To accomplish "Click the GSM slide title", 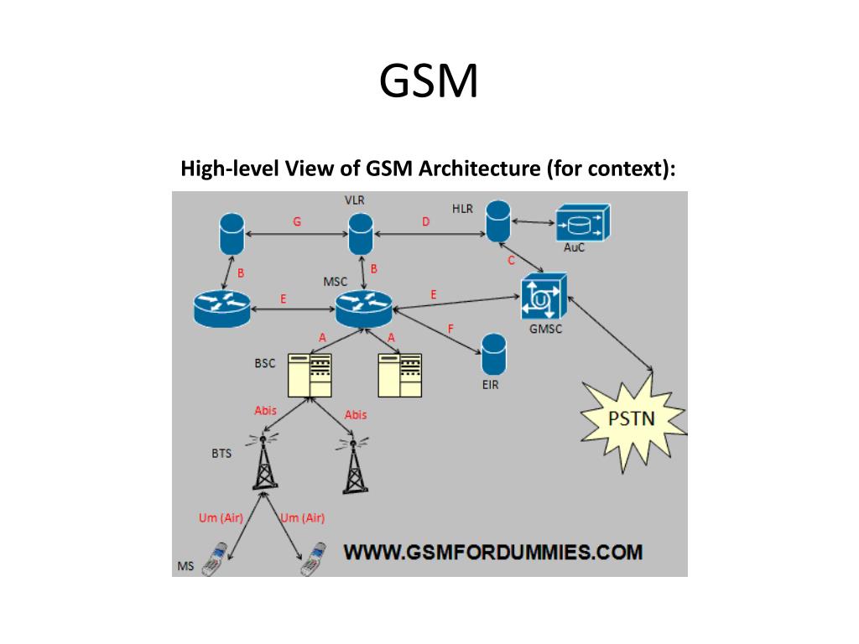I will click(x=429, y=81).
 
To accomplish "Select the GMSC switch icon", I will click(x=544, y=298).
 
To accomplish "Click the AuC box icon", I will click(x=580, y=223).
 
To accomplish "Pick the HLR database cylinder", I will click(x=498, y=221).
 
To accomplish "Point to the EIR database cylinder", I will click(x=494, y=355).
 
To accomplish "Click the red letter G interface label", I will click(x=297, y=222).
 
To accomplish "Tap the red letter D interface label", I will click(x=425, y=222).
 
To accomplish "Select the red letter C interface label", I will click(x=511, y=261).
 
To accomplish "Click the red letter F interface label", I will click(x=450, y=330).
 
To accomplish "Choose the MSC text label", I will click(x=335, y=282).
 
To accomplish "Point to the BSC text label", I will click(x=264, y=364).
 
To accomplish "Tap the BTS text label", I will click(x=221, y=454).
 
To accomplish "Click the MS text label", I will click(x=185, y=568).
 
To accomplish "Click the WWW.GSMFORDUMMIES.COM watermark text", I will click(x=494, y=553).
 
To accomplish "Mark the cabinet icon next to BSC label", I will click(x=310, y=375).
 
